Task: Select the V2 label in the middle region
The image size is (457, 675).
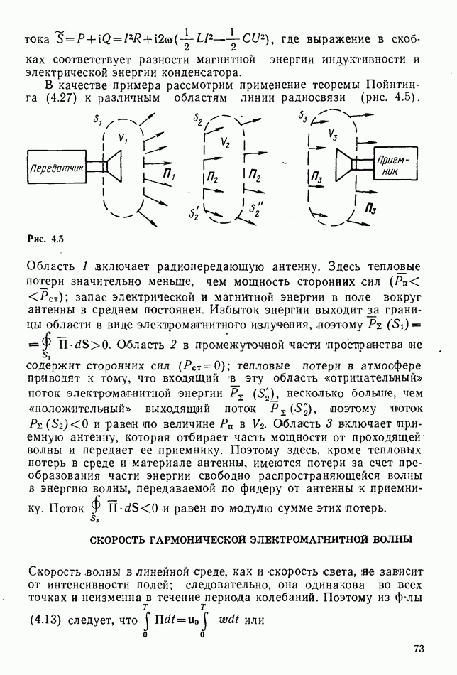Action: (x=226, y=142)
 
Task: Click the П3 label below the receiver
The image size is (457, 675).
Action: (x=371, y=207)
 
